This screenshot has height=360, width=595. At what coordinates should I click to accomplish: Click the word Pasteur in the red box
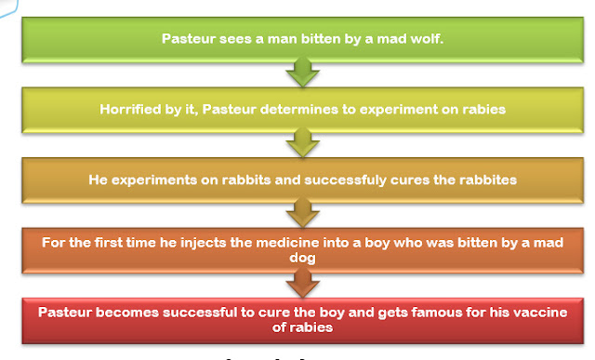66,312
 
